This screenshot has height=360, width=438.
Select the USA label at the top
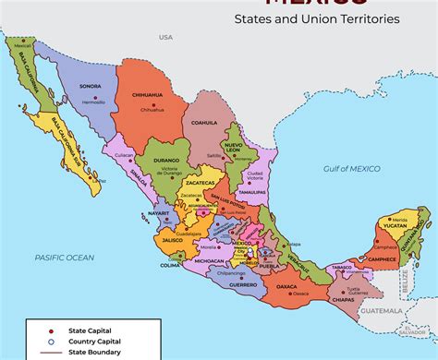click(x=165, y=37)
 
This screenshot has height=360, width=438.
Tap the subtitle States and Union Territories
click(x=316, y=18)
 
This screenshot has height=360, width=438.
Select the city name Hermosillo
click(x=93, y=102)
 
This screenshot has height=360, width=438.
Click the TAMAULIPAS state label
click(x=251, y=191)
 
